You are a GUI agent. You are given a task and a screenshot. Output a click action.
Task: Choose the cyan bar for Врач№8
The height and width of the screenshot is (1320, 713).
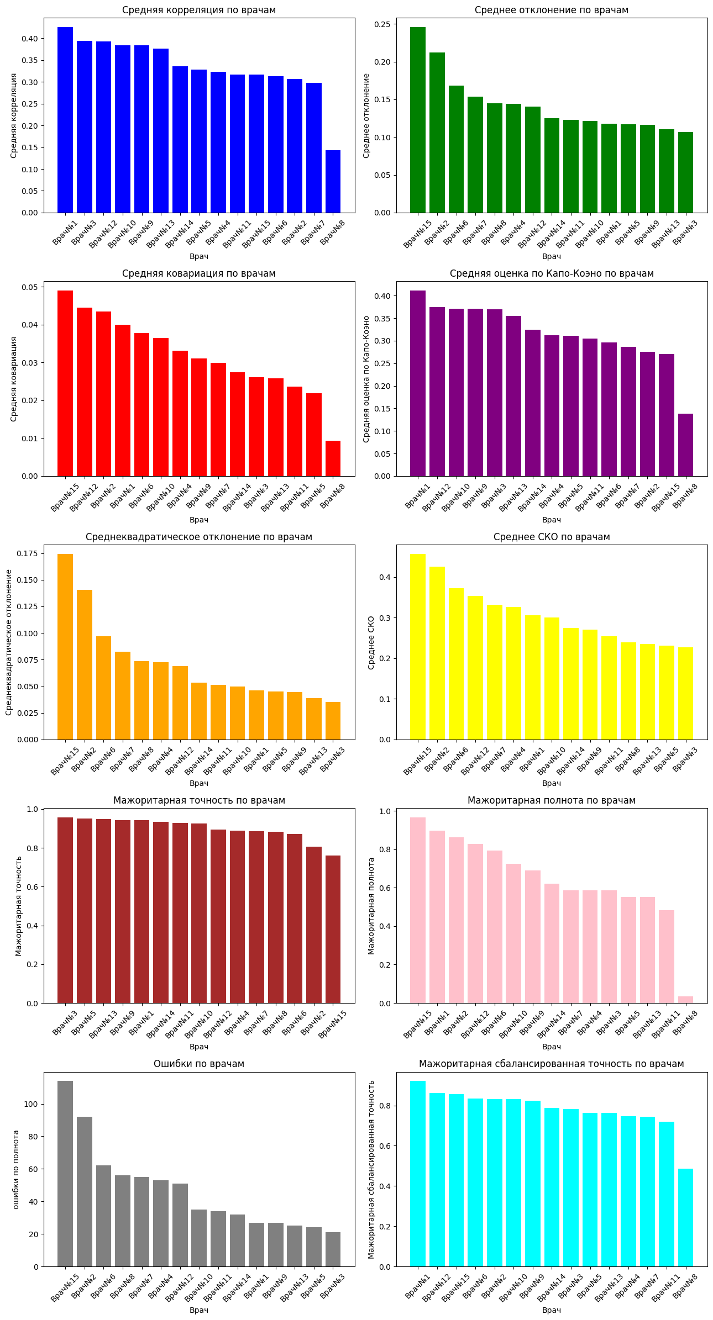[685, 1217]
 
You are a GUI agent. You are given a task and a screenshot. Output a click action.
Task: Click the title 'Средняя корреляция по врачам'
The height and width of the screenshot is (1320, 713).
[199, 10]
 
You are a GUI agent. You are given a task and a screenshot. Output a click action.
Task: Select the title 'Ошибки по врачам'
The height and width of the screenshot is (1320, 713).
[199, 1064]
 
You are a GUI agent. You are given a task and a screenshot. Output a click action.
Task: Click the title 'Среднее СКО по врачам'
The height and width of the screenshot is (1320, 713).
[552, 537]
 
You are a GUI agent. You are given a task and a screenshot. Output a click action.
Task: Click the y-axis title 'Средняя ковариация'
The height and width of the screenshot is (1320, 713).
[14, 379]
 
